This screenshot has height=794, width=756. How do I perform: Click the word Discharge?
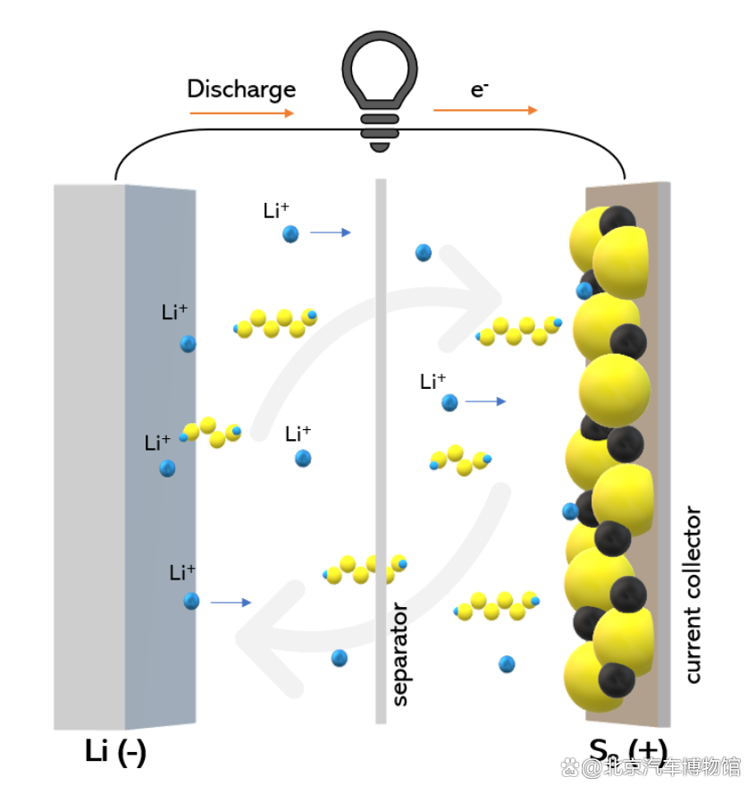click(240, 89)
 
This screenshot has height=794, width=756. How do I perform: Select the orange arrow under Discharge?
click(241, 114)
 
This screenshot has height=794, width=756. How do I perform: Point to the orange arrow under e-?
click(485, 110)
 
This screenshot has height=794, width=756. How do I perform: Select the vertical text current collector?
click(693, 595)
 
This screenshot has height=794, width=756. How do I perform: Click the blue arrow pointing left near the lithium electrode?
click(231, 603)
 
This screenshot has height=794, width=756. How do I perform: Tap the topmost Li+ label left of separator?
click(276, 211)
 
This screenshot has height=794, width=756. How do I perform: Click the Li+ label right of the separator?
click(433, 382)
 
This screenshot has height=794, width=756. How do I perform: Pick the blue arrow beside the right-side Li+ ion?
click(485, 402)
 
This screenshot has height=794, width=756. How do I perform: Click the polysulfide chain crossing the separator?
click(365, 569)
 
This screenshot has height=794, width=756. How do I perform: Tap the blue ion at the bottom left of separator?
click(339, 658)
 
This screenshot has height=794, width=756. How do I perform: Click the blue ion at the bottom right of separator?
click(507, 663)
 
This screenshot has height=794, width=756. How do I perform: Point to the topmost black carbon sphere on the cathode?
click(617, 221)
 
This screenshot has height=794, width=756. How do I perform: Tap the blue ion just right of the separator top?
click(424, 253)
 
